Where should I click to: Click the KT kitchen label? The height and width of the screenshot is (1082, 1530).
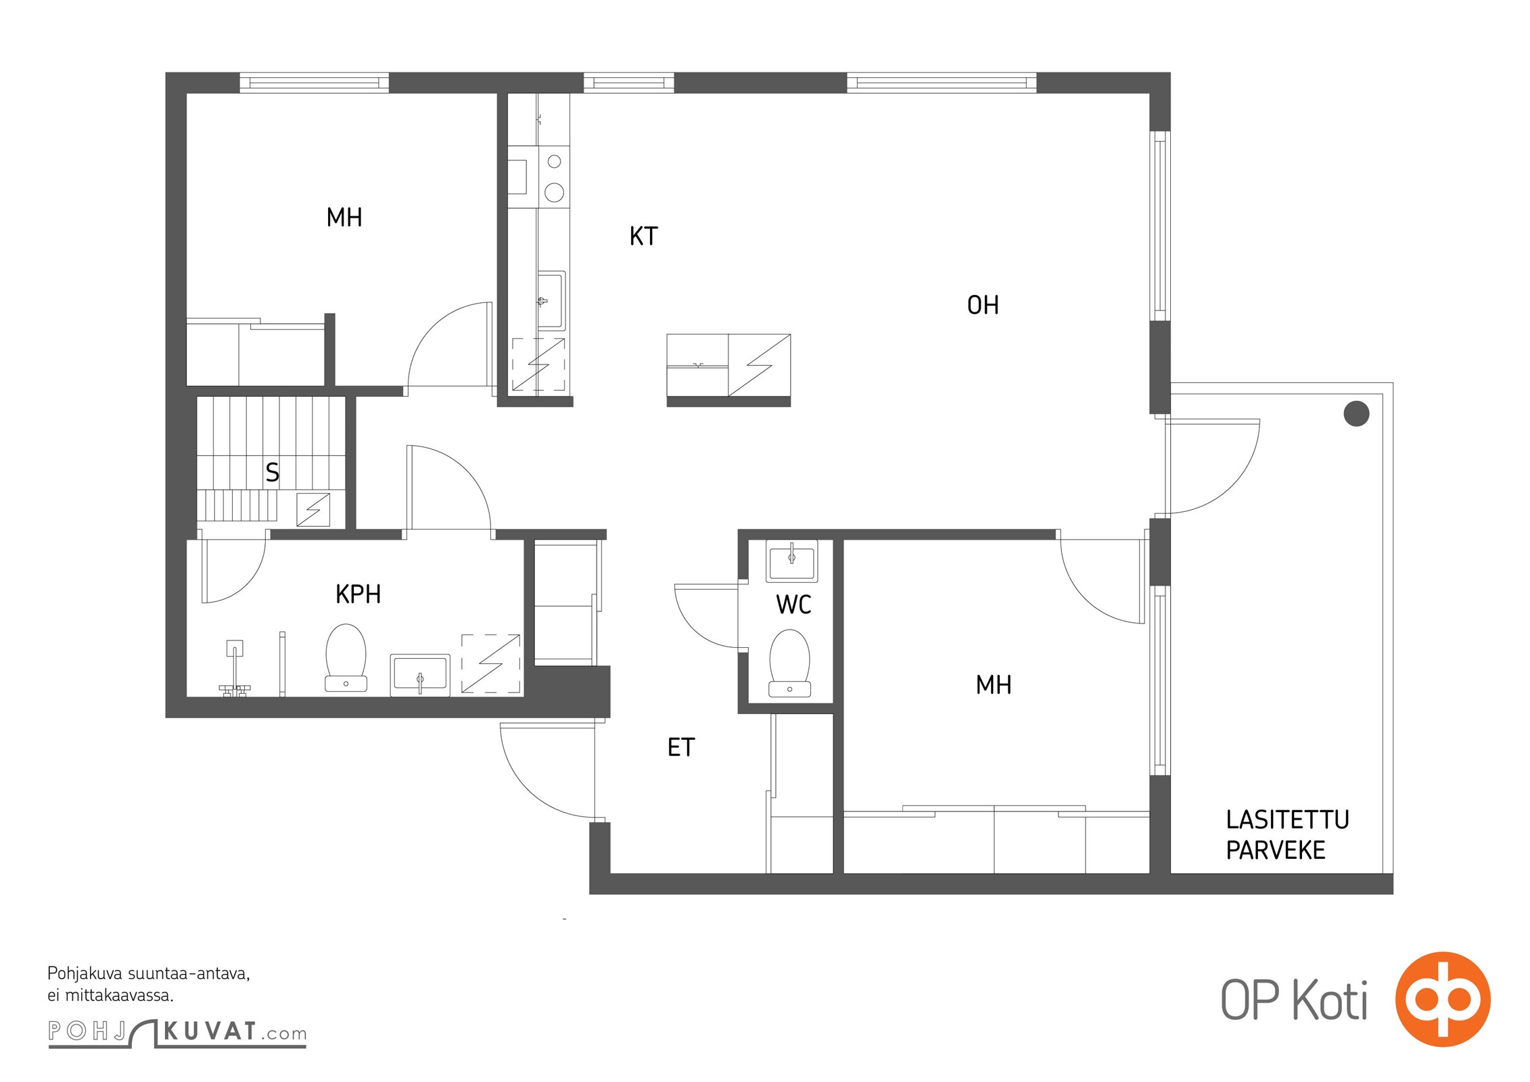tap(643, 237)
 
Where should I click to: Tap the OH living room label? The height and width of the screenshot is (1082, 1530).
tap(983, 306)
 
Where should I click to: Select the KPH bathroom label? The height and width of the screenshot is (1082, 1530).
tap(358, 594)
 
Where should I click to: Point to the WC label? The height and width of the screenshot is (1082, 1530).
tap(793, 605)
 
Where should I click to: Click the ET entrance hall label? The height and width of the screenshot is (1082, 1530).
tap(681, 748)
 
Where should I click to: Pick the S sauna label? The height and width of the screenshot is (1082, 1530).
tap(273, 473)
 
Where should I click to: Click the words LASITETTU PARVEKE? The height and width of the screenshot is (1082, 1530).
tap(1287, 835)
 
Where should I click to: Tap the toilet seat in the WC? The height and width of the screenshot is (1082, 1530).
tap(789, 663)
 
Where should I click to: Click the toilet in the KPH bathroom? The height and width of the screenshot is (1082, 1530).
tap(346, 658)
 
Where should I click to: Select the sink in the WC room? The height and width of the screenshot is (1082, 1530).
tap(791, 561)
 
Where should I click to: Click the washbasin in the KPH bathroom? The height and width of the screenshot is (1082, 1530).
tap(420, 675)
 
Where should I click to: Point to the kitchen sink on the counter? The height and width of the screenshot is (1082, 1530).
tap(551, 300)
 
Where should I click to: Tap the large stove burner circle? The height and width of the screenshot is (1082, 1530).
tap(555, 193)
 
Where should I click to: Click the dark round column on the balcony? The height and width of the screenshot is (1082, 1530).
tap(1356, 413)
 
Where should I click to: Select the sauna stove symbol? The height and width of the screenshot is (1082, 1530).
tap(314, 510)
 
